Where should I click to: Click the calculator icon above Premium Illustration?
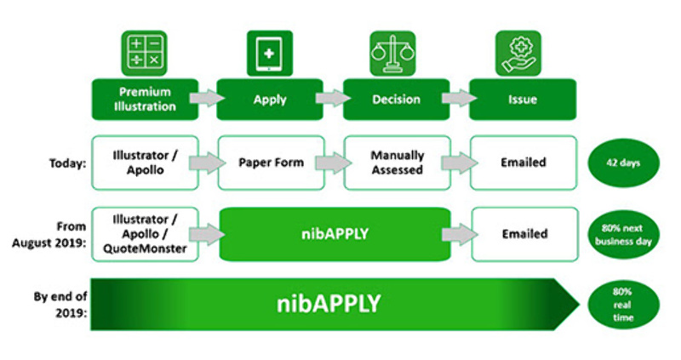[x=143, y=53]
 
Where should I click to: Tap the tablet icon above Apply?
[x=269, y=53]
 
